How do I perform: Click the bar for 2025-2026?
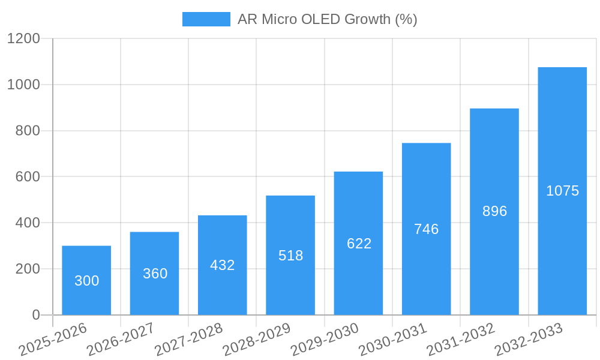86,280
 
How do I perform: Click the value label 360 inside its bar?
155,274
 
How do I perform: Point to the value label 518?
290,256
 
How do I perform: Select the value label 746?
427,229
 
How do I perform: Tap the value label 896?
494,211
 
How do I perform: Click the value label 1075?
562,191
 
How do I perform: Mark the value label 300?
86,281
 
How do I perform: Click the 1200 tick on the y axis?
23,38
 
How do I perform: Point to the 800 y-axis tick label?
27,131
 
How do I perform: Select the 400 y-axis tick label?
27,223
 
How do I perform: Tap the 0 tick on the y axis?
36,315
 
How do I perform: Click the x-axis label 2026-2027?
121,340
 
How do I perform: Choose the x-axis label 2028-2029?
257,340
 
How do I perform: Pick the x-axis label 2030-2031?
392,340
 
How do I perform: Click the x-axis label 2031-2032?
461,340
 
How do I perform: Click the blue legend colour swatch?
206,19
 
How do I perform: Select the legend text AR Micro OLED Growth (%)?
327,19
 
